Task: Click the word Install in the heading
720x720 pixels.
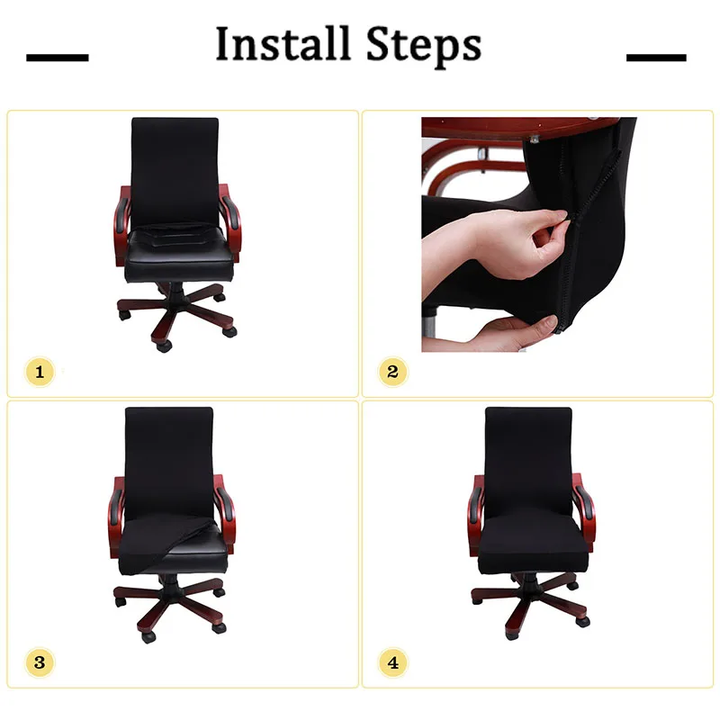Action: [x=283, y=43]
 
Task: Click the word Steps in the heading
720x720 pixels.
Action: [x=424, y=46]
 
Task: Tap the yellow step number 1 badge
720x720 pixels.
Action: [x=40, y=372]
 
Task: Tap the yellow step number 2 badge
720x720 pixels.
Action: [x=392, y=372]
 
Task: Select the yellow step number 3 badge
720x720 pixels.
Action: [x=40, y=662]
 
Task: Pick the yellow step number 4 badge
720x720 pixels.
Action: [x=392, y=662]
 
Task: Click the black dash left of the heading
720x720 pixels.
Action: [x=58, y=58]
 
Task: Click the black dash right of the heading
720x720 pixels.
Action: [x=656, y=58]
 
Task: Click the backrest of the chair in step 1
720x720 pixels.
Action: [x=175, y=170]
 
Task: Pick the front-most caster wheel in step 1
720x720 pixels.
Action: [x=164, y=346]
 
